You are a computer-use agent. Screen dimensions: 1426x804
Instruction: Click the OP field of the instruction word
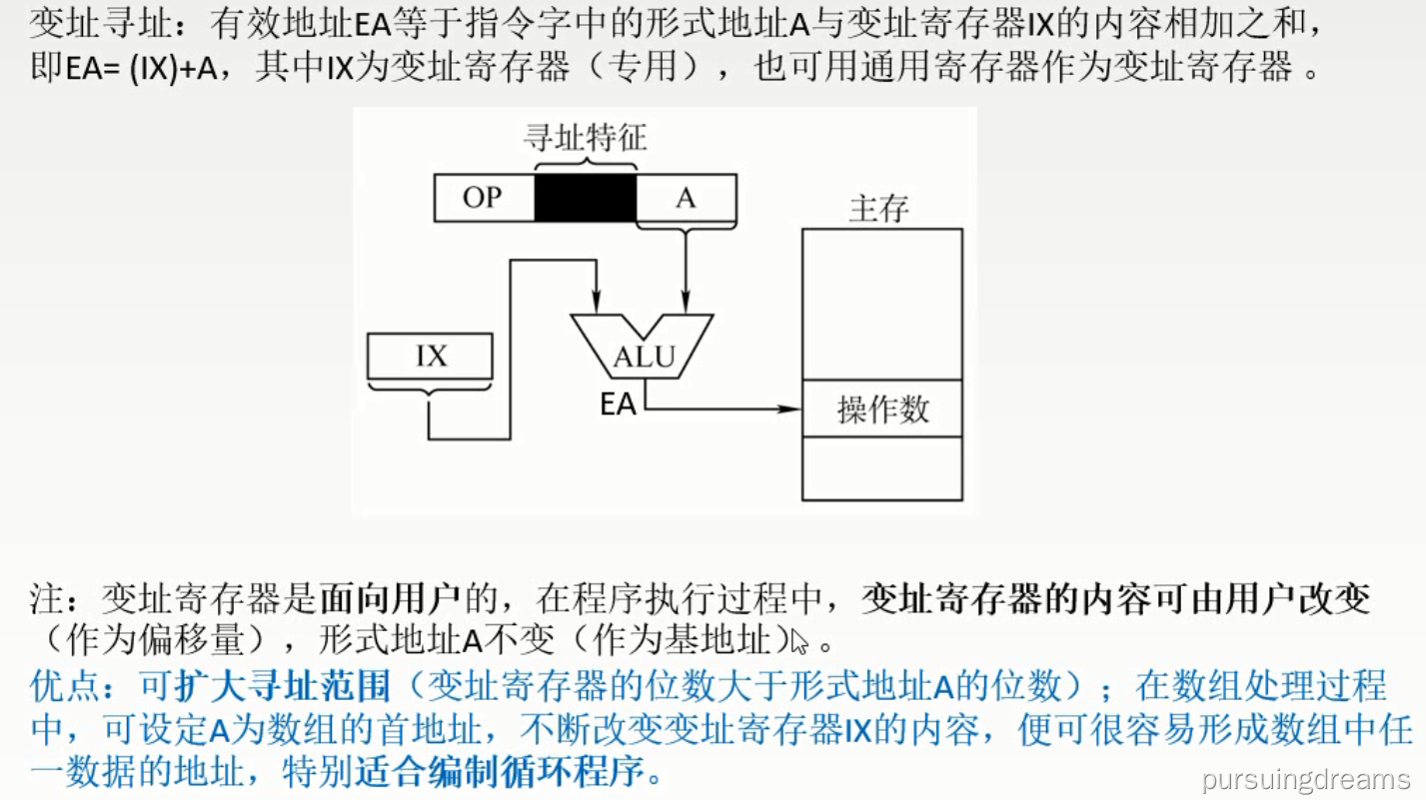[483, 198]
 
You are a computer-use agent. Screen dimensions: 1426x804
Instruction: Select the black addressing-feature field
[585, 198]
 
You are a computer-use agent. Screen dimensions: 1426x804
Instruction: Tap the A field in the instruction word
[686, 198]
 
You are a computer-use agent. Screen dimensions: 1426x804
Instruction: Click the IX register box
[431, 357]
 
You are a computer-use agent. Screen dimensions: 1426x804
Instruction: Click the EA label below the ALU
[618, 404]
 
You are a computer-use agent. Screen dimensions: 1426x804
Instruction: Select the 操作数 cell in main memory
[882, 408]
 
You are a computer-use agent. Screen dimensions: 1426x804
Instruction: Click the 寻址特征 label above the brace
[585, 137]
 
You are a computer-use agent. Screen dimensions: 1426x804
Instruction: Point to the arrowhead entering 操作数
[793, 408]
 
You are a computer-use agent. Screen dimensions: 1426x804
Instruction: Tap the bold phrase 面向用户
[390, 599]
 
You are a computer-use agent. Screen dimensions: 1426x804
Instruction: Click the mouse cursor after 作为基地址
[797, 640]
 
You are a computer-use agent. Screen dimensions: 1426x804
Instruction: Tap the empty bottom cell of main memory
[882, 468]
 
